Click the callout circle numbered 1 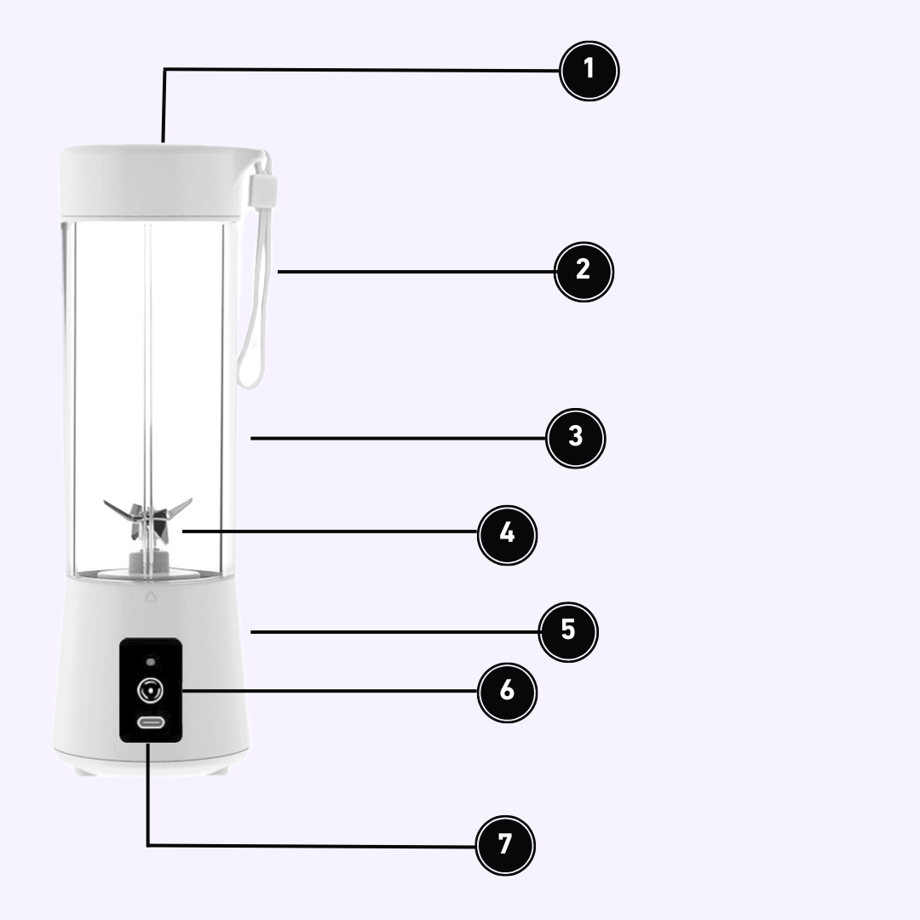(589, 71)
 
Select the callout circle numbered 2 (584, 272)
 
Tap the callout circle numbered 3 (575, 439)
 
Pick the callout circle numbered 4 (507, 534)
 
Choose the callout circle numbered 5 (568, 631)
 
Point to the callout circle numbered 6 (507, 692)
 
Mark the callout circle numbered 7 (504, 845)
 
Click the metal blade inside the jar (148, 519)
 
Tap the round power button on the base (150, 690)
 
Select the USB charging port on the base (151, 722)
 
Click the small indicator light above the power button (151, 662)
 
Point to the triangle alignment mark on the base (151, 596)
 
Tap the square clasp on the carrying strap (263, 190)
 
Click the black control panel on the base (151, 690)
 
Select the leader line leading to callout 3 (399, 439)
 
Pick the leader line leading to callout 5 (395, 632)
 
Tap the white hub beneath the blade (149, 561)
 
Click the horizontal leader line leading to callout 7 (312, 846)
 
